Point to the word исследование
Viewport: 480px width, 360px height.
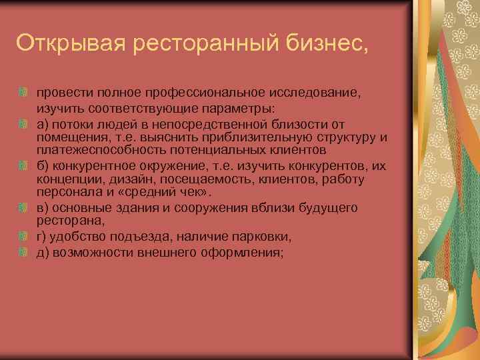[x=318, y=93]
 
